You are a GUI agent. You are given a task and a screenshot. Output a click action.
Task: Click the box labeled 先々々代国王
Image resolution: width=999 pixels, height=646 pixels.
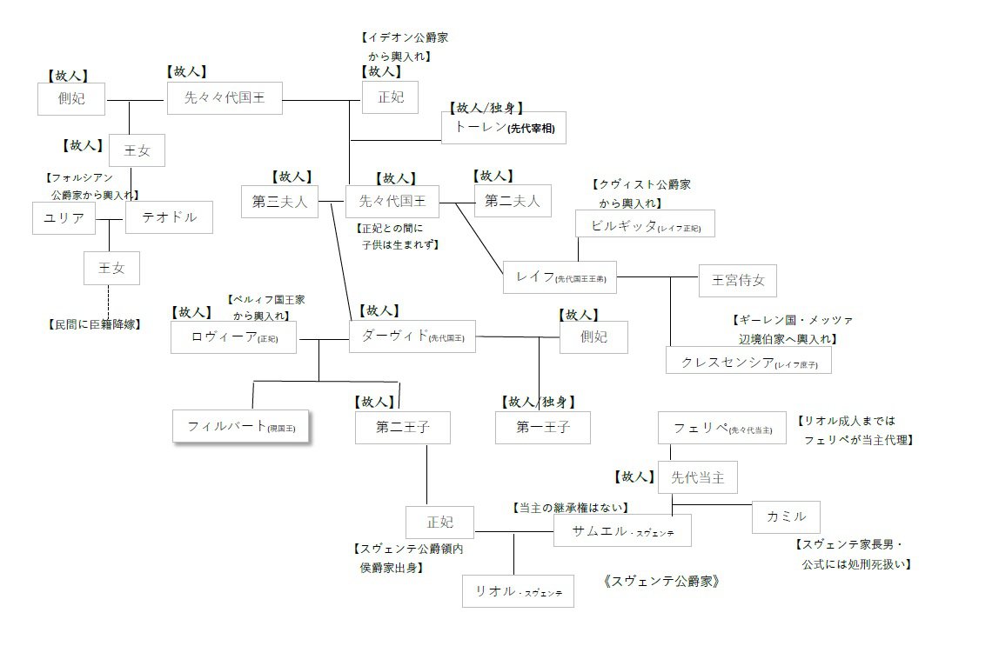point(225,99)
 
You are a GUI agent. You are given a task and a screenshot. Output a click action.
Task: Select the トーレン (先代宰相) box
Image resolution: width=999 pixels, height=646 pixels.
point(504,129)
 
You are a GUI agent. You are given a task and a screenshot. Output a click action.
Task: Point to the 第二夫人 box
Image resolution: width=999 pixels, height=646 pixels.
point(513,202)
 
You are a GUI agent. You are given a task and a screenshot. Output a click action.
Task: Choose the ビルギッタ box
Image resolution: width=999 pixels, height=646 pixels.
point(645,224)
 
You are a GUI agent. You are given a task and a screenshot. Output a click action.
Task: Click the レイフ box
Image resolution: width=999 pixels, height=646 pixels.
point(560,277)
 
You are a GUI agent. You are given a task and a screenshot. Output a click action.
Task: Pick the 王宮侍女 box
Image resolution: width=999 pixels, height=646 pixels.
point(738,280)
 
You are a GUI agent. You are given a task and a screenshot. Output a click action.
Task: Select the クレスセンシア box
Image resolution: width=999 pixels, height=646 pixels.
point(748,361)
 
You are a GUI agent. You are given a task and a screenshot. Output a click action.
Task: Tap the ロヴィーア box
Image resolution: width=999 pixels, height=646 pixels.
point(232,336)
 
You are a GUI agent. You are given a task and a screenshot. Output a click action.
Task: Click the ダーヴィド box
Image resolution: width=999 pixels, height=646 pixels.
point(412,336)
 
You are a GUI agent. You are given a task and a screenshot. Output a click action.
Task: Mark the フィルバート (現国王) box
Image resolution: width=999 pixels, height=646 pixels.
point(242,427)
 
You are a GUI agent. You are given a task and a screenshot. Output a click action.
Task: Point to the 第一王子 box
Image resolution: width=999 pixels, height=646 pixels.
point(542,428)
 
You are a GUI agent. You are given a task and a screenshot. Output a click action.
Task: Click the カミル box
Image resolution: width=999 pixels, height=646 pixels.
point(787,517)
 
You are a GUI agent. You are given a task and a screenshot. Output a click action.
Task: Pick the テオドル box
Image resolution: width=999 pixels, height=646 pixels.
point(168,217)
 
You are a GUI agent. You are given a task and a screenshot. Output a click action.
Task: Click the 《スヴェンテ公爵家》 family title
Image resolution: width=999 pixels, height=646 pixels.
point(661,581)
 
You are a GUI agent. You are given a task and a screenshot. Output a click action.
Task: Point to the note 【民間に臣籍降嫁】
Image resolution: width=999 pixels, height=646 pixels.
point(94,324)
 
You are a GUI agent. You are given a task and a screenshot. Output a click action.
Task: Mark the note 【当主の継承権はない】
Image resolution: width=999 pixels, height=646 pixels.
point(570,507)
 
